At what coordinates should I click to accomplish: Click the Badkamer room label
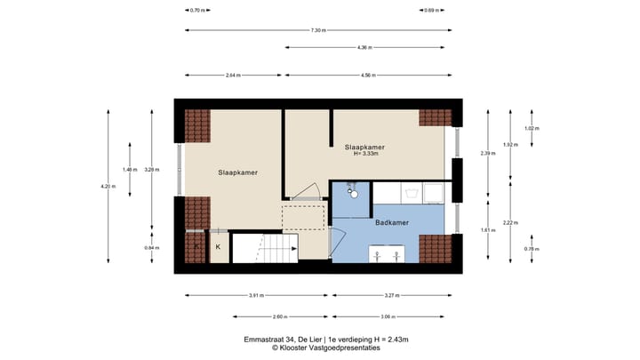pos(391,222)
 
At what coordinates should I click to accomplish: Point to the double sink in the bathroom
pos(387,256)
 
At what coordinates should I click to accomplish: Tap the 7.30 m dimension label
pos(318,30)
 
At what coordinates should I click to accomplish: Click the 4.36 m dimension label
pos(364,47)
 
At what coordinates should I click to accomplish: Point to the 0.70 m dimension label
pos(197,11)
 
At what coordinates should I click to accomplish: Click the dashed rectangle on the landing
pos(304,217)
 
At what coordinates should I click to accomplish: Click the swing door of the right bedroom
pos(307,191)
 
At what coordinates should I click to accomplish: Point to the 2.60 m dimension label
pos(254,316)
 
